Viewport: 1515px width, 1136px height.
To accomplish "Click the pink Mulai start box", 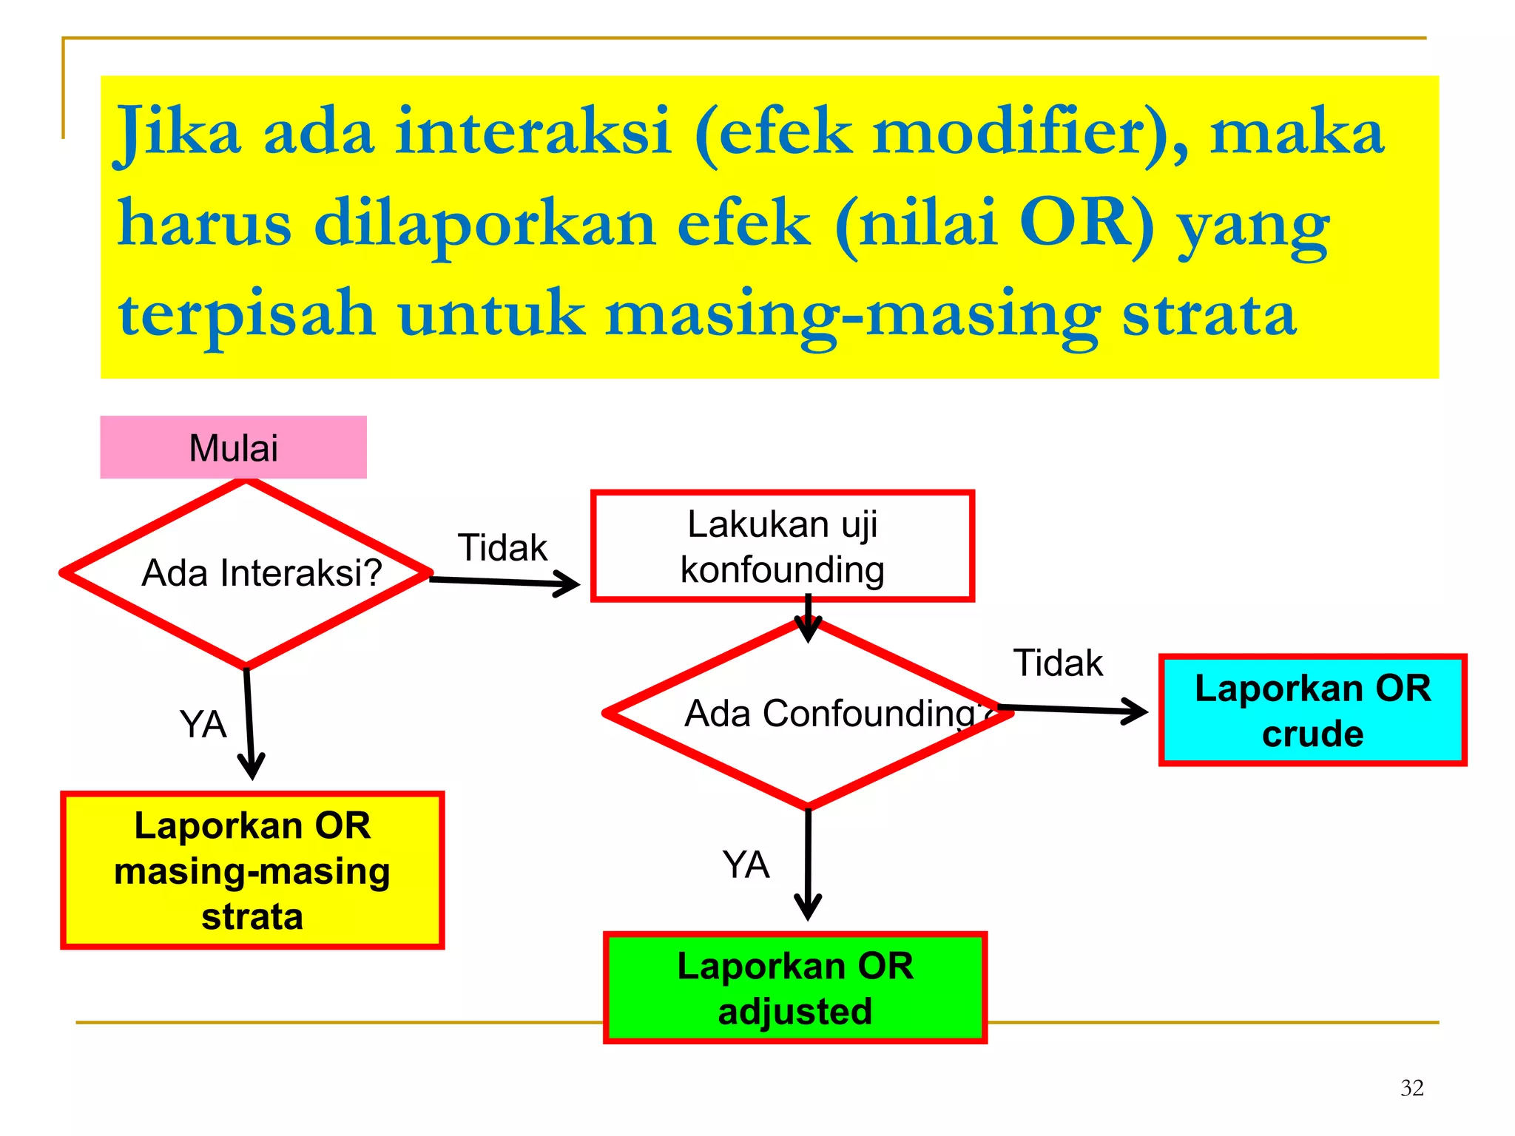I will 233,447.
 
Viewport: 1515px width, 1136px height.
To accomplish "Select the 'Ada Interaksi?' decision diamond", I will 246,573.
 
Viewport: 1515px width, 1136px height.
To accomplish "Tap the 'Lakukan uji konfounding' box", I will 782,547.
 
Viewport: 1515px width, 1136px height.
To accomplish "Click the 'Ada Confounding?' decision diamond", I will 808,714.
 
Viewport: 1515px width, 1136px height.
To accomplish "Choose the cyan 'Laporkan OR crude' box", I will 1312,710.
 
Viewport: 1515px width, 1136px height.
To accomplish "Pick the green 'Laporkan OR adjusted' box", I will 795,988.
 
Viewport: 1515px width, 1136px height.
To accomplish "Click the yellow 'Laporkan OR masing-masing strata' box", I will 252,870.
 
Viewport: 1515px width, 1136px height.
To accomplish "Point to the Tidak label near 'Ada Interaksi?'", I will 502,548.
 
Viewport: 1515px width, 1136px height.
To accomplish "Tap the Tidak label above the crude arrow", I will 1058,663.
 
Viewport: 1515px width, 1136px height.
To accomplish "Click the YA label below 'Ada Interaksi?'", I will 203,724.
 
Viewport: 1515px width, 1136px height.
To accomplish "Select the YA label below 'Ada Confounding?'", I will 746,865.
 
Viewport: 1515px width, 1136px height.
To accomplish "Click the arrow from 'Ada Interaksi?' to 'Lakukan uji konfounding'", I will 503,583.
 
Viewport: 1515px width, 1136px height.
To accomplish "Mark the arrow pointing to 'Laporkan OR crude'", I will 1073,711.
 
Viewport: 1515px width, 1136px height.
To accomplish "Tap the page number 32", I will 1411,1088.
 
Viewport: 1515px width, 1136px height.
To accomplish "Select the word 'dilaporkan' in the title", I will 485,224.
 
